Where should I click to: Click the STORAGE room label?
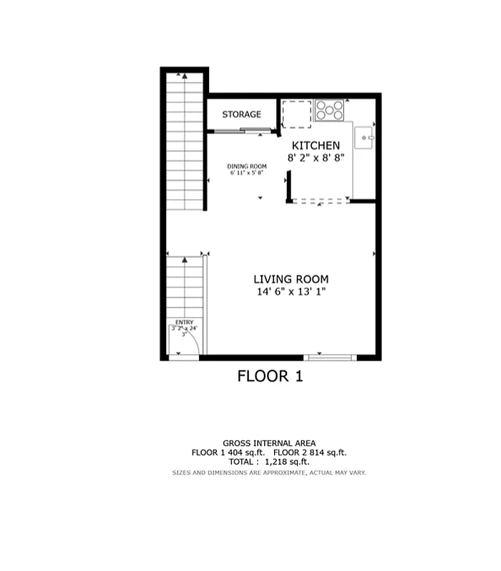(241, 114)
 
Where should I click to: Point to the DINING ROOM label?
(247, 166)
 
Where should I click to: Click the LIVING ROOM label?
(291, 279)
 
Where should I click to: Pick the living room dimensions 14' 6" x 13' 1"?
(291, 292)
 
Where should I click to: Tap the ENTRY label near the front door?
(184, 322)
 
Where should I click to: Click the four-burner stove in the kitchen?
(330, 110)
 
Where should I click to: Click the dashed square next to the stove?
(297, 113)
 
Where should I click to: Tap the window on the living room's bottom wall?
(328, 356)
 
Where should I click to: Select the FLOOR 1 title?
(270, 376)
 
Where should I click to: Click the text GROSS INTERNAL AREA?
(269, 443)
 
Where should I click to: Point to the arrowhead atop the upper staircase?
(185, 74)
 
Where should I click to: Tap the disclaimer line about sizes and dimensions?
(269, 473)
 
